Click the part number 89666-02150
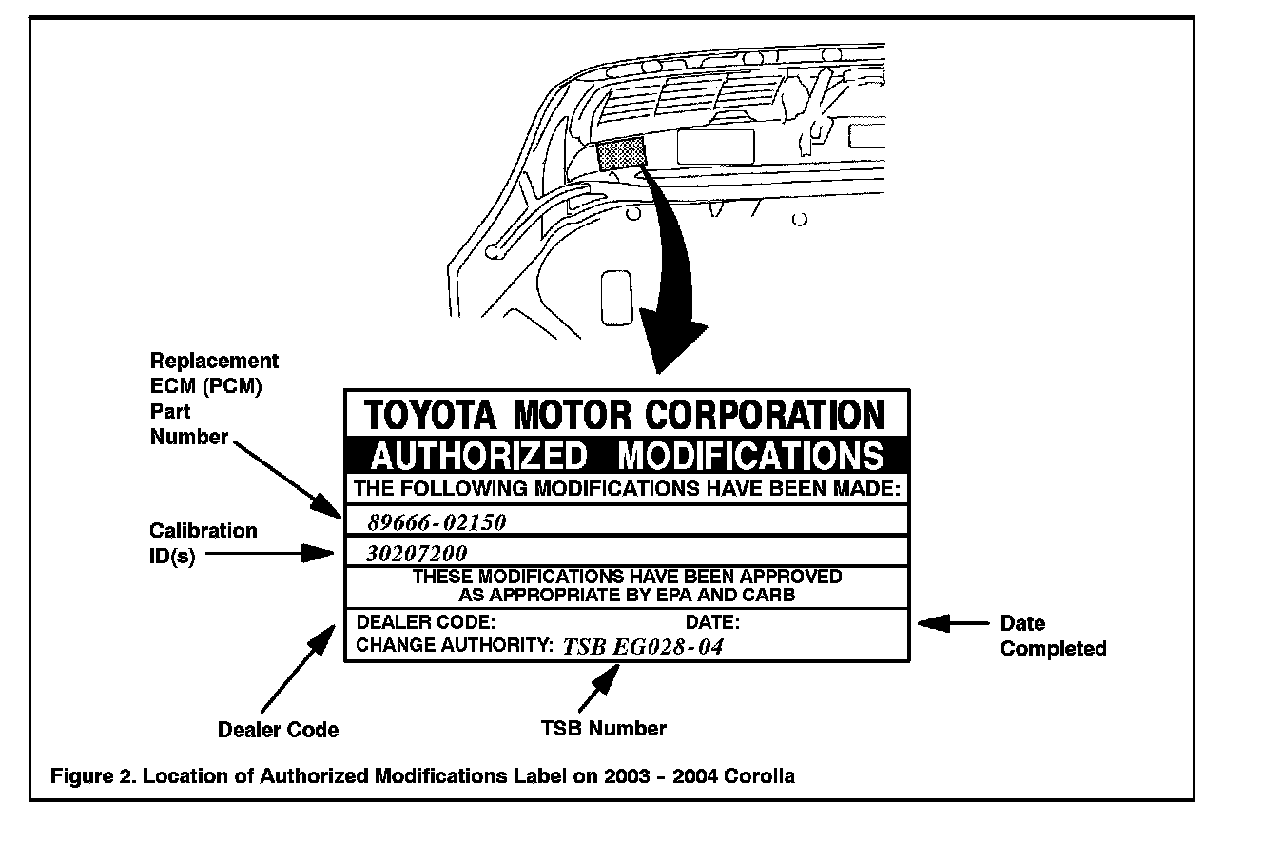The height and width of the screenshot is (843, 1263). point(436,521)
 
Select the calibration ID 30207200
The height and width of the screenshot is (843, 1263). point(416,553)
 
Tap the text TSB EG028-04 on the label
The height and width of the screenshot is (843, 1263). point(643,647)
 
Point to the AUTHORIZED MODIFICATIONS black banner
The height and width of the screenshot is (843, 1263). point(626,455)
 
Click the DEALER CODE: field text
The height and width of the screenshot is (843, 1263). point(425,623)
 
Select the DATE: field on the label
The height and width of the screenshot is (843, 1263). point(712,623)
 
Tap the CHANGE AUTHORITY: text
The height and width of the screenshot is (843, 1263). point(454,645)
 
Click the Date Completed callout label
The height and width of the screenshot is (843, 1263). point(1053,637)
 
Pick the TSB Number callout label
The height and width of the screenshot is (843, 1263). point(603,729)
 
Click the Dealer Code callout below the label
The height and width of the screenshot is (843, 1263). point(278,730)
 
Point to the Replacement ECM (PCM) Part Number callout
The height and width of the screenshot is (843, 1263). point(214,399)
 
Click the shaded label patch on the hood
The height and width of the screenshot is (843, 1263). point(622,153)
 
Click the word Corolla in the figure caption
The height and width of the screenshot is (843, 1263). point(759,775)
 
